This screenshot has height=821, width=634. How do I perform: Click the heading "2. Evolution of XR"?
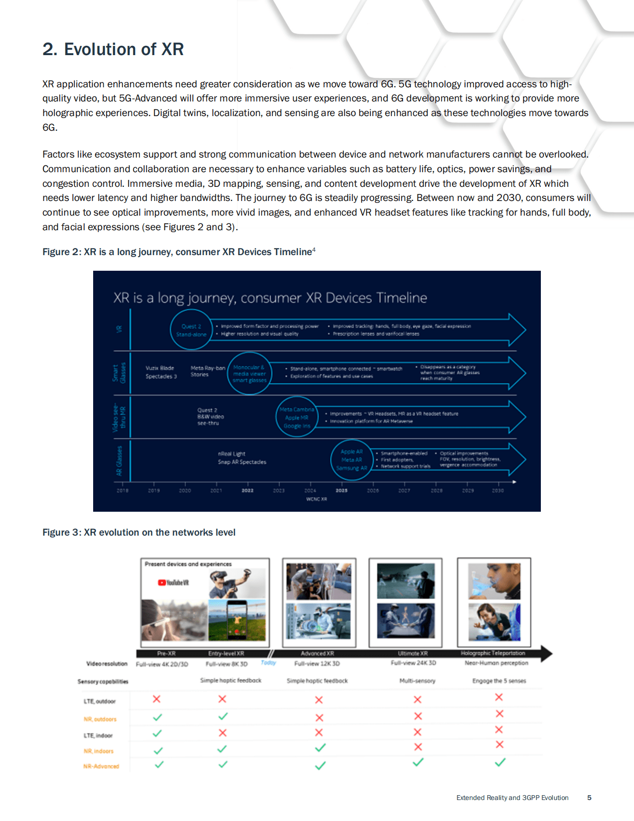[113, 49]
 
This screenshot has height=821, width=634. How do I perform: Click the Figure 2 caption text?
[178, 252]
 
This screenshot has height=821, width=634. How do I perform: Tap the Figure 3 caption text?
[139, 532]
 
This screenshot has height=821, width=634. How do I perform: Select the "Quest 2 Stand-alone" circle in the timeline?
[191, 330]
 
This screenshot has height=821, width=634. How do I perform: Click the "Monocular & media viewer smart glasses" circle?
[249, 374]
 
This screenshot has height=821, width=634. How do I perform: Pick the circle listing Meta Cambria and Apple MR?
[297, 418]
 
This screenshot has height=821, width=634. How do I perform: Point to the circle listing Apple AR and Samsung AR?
[351, 460]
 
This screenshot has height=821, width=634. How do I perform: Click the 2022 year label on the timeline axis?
[247, 490]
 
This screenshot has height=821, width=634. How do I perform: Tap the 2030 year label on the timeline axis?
[497, 490]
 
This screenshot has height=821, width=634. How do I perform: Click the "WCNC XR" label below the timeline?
[317, 499]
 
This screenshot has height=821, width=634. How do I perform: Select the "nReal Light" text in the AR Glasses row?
[232, 454]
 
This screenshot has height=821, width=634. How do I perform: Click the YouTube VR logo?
[173, 582]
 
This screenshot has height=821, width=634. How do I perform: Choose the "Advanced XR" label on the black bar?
[317, 653]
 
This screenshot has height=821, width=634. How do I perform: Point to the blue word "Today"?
[268, 662]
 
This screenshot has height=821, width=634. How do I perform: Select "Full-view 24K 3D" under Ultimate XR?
[413, 663]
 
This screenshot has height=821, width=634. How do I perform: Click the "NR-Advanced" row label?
[101, 766]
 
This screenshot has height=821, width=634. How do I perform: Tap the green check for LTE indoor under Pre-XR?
[157, 733]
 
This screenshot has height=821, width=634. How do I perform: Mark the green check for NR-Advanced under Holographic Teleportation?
[500, 762]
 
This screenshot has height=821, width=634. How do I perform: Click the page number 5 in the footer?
[589, 798]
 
